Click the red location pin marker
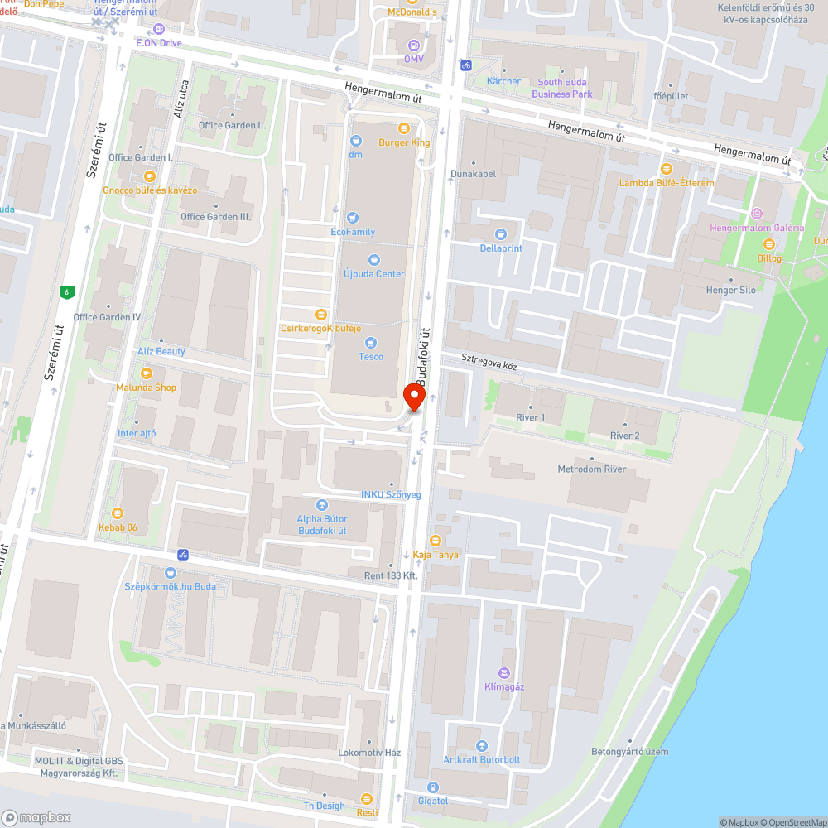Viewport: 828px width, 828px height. tap(413, 397)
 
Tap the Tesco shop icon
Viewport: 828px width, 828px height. tap(371, 343)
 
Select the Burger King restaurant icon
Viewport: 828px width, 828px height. tap(404, 128)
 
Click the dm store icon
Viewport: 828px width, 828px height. tap(356, 141)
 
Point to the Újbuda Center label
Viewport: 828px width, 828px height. tap(373, 274)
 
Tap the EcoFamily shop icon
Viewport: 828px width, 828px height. tap(354, 218)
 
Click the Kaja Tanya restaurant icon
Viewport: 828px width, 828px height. tap(435, 541)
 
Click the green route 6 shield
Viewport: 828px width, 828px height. tap(65, 291)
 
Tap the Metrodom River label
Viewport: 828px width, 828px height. tap(591, 469)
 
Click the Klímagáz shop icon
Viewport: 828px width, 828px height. tap(504, 673)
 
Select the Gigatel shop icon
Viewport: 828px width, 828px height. tap(431, 787)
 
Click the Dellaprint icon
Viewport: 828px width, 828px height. tap(500, 234)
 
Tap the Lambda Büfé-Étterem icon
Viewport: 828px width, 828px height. tap(666, 168)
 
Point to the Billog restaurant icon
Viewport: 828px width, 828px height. tap(768, 243)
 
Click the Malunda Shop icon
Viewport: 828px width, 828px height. tap(147, 373)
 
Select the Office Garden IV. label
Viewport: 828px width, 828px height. tap(108, 317)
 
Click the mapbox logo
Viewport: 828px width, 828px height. tap(36, 816)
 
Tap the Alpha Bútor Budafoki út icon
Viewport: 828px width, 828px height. tap(321, 505)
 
